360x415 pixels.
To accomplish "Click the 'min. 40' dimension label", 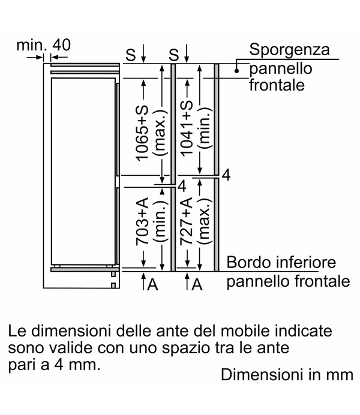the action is (x=43, y=45).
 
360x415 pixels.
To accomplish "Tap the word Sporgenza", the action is (x=289, y=50).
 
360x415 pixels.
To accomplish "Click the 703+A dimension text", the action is (x=142, y=221).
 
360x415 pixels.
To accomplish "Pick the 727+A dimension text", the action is (x=187, y=221).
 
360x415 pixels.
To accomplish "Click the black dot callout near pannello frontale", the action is (x=236, y=71).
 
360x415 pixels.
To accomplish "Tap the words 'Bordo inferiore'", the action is (x=281, y=262).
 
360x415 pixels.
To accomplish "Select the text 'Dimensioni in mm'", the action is (x=287, y=375).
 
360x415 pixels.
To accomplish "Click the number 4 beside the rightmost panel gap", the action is (x=226, y=175).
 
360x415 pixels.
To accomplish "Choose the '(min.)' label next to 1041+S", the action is (x=205, y=128).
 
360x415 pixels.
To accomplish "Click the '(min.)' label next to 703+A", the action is (x=161, y=221).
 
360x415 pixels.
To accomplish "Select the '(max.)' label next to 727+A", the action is (x=205, y=221).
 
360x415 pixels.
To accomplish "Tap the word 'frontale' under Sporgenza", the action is (x=277, y=85).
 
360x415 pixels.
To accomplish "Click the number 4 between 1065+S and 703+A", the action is (x=182, y=186).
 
